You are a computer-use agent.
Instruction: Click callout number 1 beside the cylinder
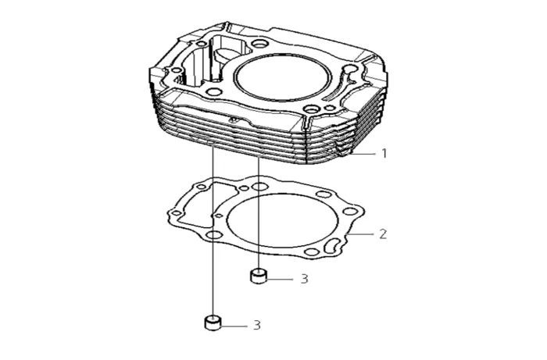[x=384, y=153]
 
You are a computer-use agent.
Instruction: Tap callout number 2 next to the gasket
[x=383, y=233]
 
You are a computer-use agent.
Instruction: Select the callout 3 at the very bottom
[x=257, y=325]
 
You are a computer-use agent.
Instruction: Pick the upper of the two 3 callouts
[x=305, y=279]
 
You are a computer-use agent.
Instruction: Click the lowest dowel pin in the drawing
[x=213, y=323]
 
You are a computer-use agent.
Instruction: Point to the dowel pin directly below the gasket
[x=259, y=276]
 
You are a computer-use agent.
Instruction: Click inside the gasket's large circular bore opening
[x=282, y=220]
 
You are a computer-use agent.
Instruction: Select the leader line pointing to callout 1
[x=363, y=153]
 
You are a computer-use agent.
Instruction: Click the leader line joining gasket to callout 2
[x=361, y=234]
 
